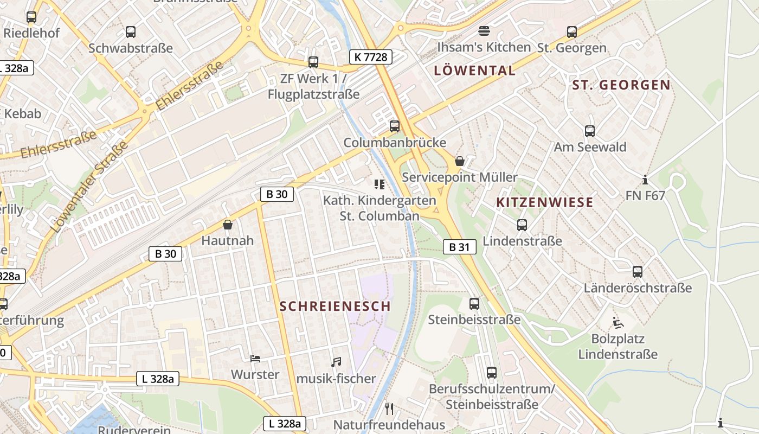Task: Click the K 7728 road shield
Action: tap(370, 56)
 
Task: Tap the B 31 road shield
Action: tap(459, 247)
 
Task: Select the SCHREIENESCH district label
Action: tap(335, 306)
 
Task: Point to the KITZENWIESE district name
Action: tap(545, 202)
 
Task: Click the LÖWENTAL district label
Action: tap(475, 71)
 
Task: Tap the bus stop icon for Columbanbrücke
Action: tap(395, 126)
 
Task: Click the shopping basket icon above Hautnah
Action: tap(228, 225)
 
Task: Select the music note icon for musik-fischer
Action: tap(336, 362)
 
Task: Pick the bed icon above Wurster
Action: tap(255, 359)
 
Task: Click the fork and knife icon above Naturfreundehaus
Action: tap(389, 409)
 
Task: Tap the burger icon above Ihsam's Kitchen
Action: tap(484, 31)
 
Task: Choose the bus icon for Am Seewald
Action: tap(590, 131)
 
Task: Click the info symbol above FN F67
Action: tap(645, 180)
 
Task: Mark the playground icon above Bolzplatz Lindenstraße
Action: tap(618, 323)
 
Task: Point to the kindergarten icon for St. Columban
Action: tap(379, 184)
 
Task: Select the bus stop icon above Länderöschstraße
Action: tap(638, 272)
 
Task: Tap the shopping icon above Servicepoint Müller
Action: tap(460, 161)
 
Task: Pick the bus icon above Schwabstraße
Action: tap(131, 32)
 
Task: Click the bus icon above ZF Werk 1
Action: tap(313, 62)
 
